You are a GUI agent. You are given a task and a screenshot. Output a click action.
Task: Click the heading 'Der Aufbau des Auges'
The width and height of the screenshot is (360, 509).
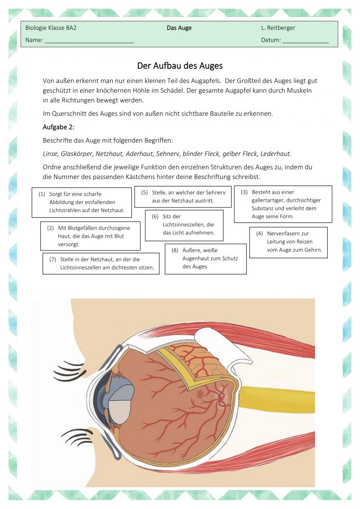point(180,66)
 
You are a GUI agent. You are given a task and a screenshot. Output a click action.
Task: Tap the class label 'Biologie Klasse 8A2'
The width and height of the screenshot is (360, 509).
point(51,28)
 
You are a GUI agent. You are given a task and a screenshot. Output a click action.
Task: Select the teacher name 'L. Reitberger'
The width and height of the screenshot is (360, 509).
point(278,28)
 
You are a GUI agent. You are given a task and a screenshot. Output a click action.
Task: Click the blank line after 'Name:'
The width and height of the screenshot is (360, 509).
point(89,41)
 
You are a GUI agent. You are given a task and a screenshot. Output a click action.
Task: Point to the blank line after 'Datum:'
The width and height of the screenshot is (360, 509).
point(306,41)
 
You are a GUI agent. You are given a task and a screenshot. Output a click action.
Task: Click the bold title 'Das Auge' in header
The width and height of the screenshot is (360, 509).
point(179,28)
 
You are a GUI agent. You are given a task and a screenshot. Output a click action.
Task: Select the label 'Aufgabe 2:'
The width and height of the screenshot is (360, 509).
point(59,127)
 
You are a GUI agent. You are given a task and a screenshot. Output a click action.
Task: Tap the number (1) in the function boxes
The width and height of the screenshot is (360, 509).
point(42,194)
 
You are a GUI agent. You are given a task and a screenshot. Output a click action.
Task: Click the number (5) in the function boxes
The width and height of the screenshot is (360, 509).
point(145,193)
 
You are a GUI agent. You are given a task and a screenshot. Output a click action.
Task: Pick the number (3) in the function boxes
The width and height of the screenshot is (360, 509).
point(244,192)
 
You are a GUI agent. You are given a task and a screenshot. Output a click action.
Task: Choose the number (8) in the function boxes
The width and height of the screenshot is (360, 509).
point(175,250)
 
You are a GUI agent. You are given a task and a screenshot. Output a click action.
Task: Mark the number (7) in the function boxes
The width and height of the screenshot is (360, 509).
point(53,259)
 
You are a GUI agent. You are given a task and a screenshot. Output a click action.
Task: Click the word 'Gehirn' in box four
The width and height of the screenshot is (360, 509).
point(313,250)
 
